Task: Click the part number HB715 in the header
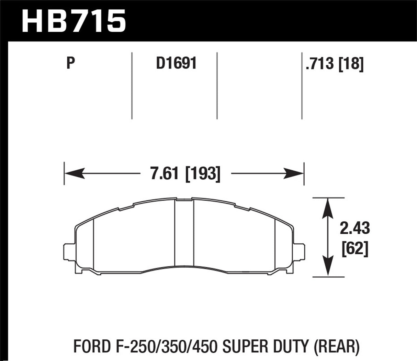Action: click(x=74, y=20)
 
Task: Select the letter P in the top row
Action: click(x=70, y=63)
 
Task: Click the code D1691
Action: click(x=176, y=63)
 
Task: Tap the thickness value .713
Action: click(x=320, y=64)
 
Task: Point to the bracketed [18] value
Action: click(x=351, y=64)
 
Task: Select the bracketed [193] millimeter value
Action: click(x=202, y=174)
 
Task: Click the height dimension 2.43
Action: click(x=355, y=228)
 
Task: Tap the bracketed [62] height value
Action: click(x=355, y=248)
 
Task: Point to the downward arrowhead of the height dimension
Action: click(x=328, y=267)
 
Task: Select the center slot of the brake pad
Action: click(x=184, y=232)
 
